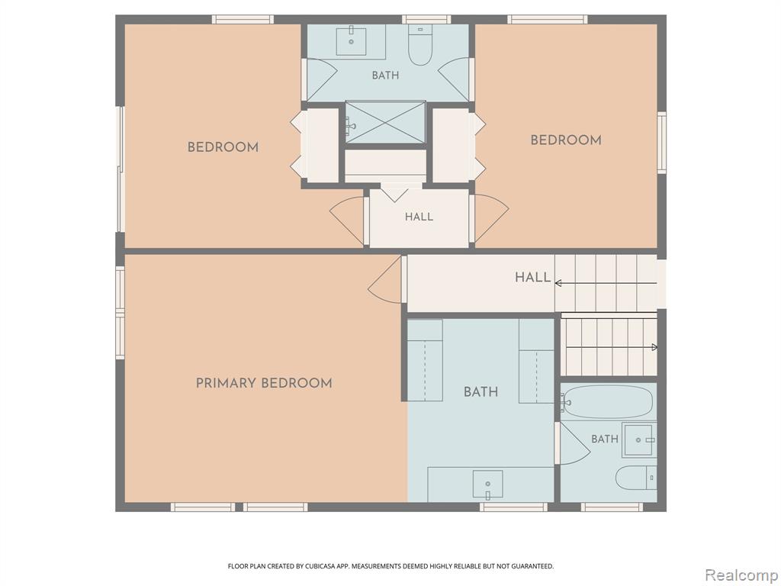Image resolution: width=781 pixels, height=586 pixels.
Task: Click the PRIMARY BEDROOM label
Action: point(264,383)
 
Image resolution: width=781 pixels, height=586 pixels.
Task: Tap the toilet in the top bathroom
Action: point(420,45)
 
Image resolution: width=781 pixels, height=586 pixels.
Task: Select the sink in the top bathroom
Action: point(351,42)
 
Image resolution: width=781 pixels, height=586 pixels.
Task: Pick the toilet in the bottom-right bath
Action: point(636,478)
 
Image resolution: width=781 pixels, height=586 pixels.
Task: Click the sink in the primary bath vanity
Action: point(487,485)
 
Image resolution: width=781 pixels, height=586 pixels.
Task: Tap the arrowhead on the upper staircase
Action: point(558,283)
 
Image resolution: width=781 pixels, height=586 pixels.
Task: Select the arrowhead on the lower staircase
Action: point(654,347)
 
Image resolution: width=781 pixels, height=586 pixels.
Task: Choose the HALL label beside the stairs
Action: point(533,277)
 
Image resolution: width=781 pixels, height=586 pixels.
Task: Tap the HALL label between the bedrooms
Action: point(419,217)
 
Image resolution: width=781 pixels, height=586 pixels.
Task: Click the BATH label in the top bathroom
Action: point(385,76)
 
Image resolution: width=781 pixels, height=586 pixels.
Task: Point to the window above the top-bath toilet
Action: point(426,19)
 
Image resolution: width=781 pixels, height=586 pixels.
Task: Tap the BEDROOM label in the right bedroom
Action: point(566,140)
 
